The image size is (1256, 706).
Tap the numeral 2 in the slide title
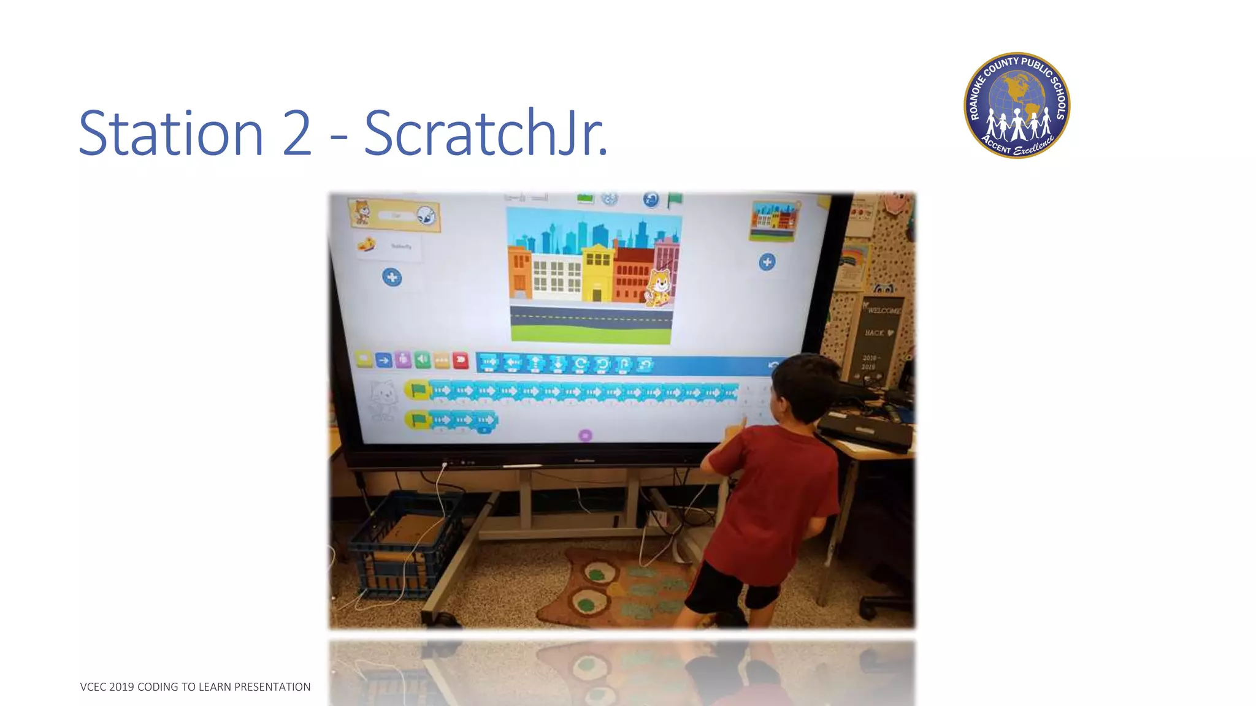[297, 134]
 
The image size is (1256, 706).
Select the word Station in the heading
[171, 134]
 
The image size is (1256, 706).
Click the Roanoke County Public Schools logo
[1017, 105]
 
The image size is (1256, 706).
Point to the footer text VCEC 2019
[107, 687]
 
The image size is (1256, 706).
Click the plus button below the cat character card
[392, 278]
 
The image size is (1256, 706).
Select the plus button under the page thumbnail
[767, 262]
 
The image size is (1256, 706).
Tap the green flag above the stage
[675, 199]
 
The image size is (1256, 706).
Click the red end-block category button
[460, 360]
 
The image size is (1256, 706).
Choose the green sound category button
[422, 360]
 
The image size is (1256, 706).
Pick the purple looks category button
[403, 360]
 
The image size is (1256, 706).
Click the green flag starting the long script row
[418, 390]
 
